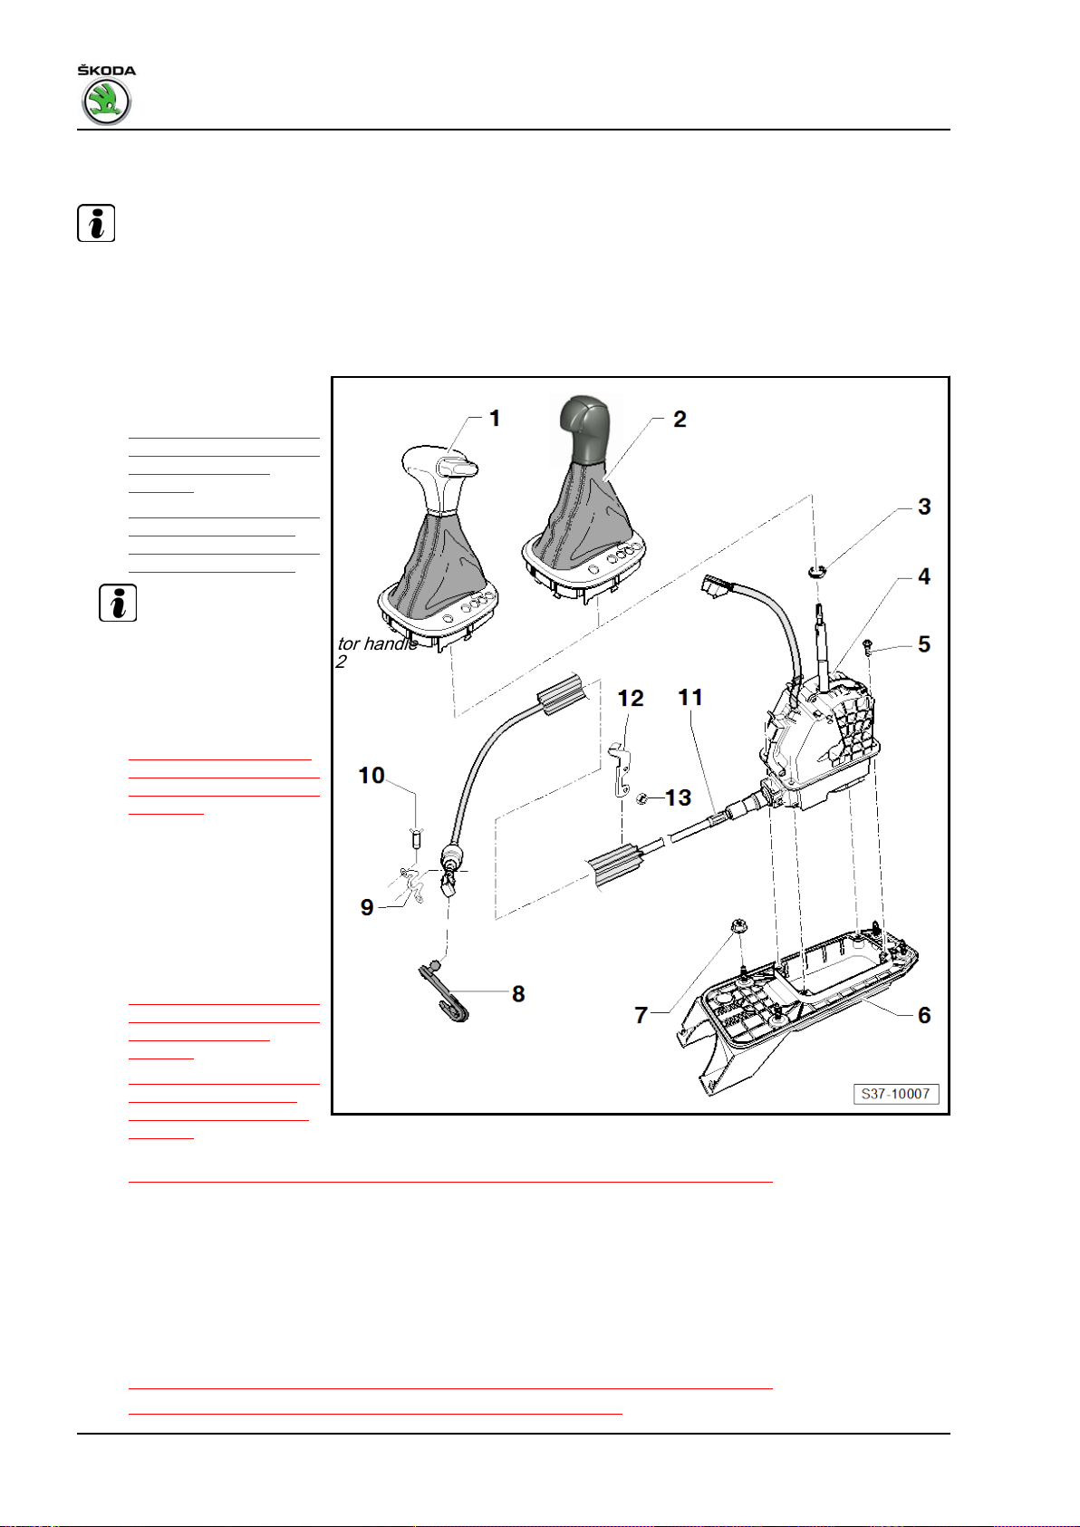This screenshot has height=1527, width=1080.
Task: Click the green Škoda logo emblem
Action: pyautogui.click(x=106, y=101)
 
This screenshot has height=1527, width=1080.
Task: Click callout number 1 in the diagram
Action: pyautogui.click(x=495, y=418)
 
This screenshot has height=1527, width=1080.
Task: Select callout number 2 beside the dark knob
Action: pyautogui.click(x=680, y=420)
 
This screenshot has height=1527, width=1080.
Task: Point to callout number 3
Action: pyautogui.click(x=924, y=507)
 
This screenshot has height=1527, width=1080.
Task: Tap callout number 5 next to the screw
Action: pyautogui.click(x=924, y=644)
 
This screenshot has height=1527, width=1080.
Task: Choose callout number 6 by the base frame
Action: pyautogui.click(x=924, y=1015)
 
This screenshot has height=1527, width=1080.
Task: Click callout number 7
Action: pyautogui.click(x=641, y=1015)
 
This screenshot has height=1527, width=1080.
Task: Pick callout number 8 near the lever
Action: pyautogui.click(x=518, y=994)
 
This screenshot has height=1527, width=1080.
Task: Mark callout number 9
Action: pyautogui.click(x=367, y=907)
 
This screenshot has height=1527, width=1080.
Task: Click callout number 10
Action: pyautogui.click(x=371, y=775)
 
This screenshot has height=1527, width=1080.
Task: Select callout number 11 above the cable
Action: pyautogui.click(x=690, y=698)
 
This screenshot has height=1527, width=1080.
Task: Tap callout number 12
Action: pyautogui.click(x=631, y=698)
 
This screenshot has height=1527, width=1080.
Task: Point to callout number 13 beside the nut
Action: pyautogui.click(x=678, y=797)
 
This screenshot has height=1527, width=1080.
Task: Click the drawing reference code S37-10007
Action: pyautogui.click(x=895, y=1094)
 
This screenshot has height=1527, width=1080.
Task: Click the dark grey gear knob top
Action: pyautogui.click(x=584, y=430)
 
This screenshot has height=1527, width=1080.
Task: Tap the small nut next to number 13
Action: pyautogui.click(x=641, y=798)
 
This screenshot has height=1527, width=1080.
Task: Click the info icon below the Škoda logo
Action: pyautogui.click(x=96, y=223)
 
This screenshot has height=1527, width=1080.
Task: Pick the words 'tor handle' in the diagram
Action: pyautogui.click(x=378, y=644)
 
